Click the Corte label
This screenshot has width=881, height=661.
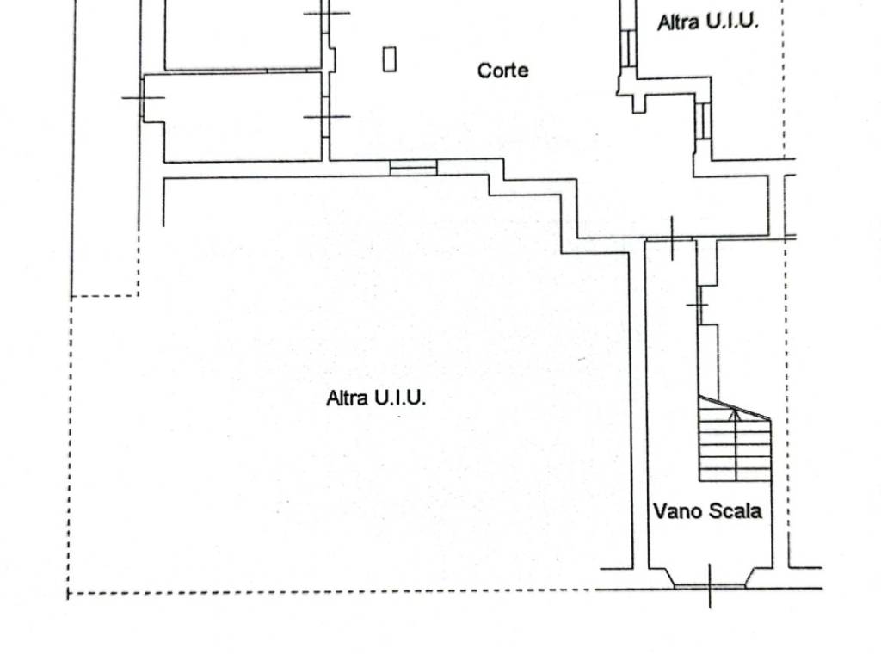(503, 71)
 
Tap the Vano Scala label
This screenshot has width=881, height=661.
(707, 511)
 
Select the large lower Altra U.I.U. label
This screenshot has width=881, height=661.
(377, 398)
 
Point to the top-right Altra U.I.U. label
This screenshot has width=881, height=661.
(708, 22)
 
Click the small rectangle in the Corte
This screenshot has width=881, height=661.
(390, 59)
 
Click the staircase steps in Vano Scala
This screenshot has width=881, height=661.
(734, 448)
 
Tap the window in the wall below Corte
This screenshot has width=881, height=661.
(413, 167)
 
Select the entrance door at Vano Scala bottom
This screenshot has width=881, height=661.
(710, 585)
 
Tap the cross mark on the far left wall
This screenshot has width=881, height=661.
(143, 97)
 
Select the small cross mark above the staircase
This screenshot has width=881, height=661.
(698, 306)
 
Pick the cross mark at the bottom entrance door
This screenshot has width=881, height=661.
(710, 589)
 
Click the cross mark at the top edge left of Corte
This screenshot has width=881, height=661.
(328, 13)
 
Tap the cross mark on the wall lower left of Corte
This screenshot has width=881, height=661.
(327, 116)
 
